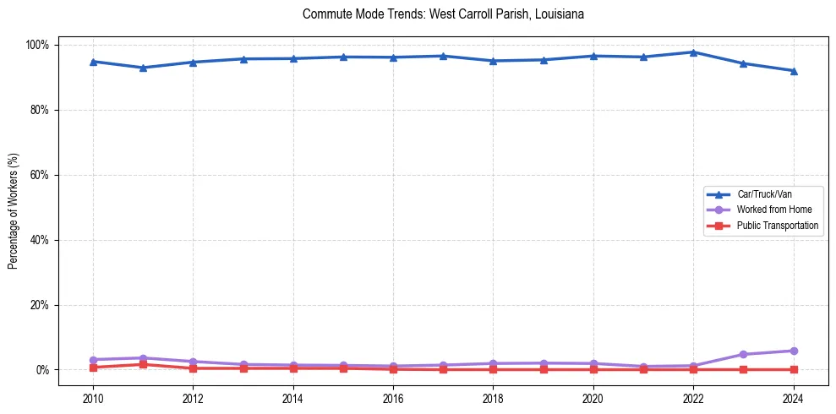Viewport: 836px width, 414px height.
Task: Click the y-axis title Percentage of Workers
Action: (13, 207)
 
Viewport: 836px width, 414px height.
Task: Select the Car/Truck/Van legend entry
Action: (764, 194)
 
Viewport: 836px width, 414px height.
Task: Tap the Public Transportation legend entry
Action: (778, 226)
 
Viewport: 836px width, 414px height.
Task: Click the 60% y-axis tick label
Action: (40, 175)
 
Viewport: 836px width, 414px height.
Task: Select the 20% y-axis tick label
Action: (40, 305)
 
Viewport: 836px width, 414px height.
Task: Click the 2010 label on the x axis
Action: (93, 398)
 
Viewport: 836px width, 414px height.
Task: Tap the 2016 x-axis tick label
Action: (393, 398)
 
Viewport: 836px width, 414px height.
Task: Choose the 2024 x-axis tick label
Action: (793, 398)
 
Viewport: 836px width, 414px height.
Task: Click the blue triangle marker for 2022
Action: (693, 52)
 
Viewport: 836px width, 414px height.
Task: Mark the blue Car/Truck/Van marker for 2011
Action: (143, 68)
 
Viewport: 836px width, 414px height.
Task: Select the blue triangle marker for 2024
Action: (793, 71)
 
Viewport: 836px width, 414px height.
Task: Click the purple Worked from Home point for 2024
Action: (793, 351)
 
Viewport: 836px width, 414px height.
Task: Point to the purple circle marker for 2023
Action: (743, 355)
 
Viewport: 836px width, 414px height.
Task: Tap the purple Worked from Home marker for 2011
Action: (143, 358)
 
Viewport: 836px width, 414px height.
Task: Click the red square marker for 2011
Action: (143, 364)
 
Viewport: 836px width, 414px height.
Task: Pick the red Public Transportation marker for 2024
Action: (793, 369)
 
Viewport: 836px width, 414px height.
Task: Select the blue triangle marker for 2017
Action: (443, 56)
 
